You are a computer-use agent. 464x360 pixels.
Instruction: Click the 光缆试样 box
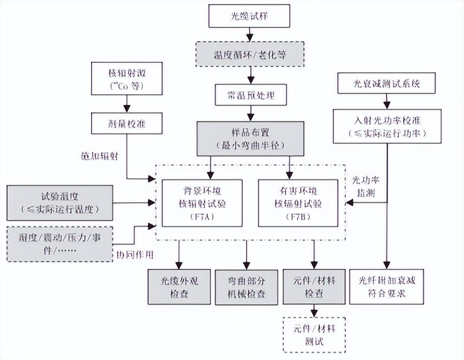coord(249,17)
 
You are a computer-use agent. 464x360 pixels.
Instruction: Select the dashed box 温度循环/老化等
coord(249,54)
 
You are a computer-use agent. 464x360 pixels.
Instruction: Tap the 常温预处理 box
coord(250,95)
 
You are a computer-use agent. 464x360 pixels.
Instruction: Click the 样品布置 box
coord(249,138)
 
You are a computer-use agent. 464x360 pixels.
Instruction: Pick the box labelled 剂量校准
coord(126,124)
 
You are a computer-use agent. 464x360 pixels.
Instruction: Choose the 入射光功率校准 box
coord(386,126)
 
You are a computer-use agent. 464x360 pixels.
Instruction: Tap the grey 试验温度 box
coord(60,203)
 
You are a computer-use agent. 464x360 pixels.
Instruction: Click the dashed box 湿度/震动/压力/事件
coord(60,243)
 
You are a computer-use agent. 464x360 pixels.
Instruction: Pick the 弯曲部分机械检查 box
coord(247,287)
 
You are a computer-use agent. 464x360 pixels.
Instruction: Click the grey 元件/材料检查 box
coord(314,287)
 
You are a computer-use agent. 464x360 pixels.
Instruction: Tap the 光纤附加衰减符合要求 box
coord(386,287)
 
